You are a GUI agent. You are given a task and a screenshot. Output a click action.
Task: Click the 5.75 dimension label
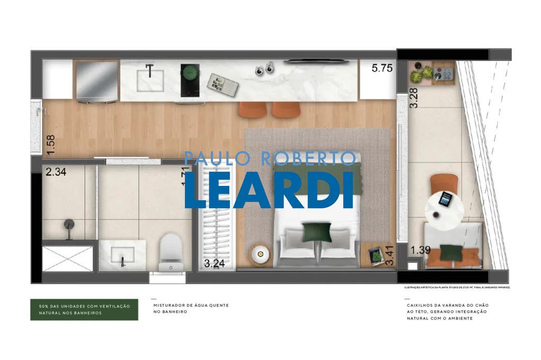(383, 68)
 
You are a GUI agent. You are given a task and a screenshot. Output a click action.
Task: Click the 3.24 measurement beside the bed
(214, 264)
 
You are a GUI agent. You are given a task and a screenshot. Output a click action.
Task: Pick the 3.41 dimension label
(390, 255)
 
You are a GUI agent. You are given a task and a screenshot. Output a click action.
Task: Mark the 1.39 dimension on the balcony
(421, 250)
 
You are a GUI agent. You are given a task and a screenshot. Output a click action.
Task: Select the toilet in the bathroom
(171, 252)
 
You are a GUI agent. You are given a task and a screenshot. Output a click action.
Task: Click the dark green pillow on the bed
(317, 232)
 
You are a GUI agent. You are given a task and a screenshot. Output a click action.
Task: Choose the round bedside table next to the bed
(260, 254)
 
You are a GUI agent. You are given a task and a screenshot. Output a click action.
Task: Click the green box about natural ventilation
(84, 310)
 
